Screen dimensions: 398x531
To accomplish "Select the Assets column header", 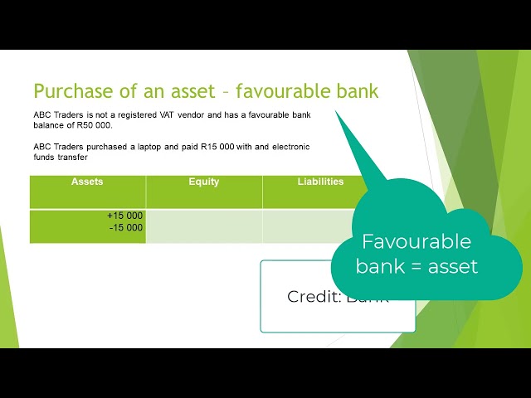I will pos(87,182).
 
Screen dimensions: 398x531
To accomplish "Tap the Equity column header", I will pos(203,182).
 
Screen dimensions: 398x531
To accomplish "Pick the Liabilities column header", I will pos(320,182).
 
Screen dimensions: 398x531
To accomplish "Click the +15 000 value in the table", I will pos(124,216).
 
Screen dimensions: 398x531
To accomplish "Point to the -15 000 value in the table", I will pos(126,226).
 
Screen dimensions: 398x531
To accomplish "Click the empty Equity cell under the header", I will pos(203,226).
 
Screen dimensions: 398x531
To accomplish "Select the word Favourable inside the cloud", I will pos(416,242).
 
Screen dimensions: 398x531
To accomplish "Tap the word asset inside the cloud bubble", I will pos(452,267).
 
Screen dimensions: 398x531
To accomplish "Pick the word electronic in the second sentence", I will pos(285,147).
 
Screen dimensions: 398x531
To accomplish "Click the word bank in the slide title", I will pos(355,91).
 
